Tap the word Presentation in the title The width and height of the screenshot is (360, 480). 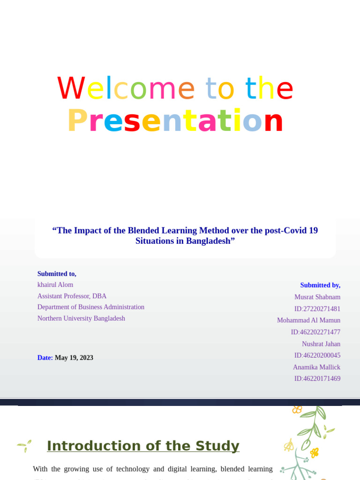click(x=175, y=121)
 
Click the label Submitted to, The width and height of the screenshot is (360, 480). click(x=57, y=274)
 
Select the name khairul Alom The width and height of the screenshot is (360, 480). click(x=55, y=285)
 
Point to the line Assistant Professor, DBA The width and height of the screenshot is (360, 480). click(x=72, y=296)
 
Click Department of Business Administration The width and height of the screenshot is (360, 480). click(x=91, y=307)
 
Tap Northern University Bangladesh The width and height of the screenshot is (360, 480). click(x=81, y=318)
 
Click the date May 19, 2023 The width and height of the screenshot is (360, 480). click(x=74, y=358)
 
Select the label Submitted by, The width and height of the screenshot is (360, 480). click(x=320, y=285)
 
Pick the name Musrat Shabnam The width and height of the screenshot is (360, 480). click(x=317, y=297)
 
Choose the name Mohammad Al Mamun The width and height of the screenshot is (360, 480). click(x=308, y=320)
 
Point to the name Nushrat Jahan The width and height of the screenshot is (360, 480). click(x=321, y=344)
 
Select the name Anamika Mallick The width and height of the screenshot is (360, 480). click(x=316, y=367)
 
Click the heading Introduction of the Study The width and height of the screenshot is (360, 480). click(x=143, y=446)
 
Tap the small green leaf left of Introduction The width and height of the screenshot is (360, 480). click(x=24, y=445)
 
